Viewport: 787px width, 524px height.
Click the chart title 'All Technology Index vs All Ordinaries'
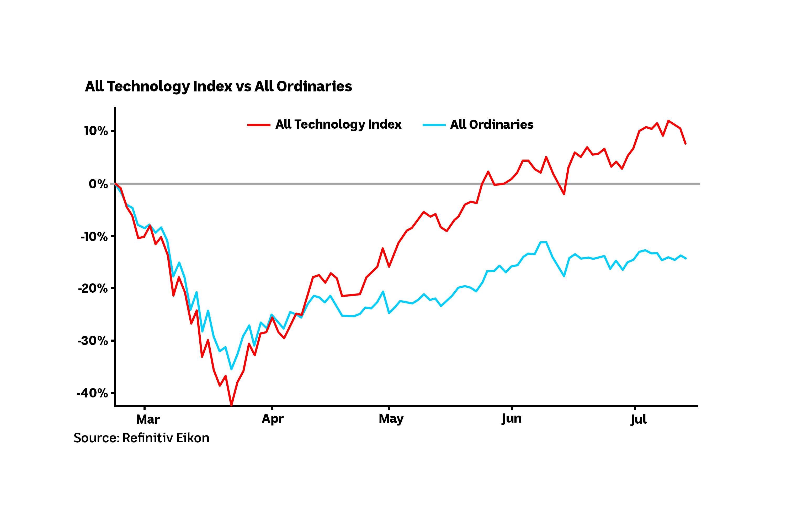[x=218, y=86]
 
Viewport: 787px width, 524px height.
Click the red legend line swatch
[x=259, y=125]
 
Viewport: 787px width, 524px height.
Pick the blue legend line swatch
[x=434, y=125]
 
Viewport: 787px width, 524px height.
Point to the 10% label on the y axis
[x=96, y=131]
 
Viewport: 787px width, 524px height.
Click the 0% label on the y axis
[x=98, y=184]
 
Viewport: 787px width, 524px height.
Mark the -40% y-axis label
[x=92, y=393]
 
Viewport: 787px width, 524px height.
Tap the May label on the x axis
[x=391, y=419]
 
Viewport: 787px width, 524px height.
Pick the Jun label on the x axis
[x=511, y=419]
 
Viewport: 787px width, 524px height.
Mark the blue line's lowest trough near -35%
[x=231, y=369]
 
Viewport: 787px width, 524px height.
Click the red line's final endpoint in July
[x=685, y=143]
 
